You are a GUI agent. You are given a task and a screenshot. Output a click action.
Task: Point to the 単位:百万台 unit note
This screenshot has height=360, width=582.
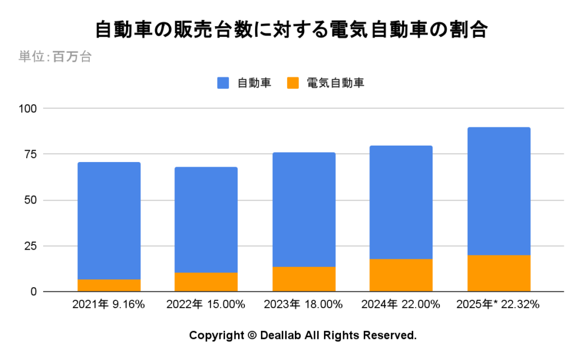tap(55, 57)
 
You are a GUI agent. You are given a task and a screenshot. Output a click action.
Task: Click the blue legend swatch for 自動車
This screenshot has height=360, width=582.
tap(223, 83)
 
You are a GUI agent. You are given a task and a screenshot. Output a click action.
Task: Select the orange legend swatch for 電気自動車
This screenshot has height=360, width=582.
tap(293, 83)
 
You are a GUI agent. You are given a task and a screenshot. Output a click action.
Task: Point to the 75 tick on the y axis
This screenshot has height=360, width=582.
tap(30, 154)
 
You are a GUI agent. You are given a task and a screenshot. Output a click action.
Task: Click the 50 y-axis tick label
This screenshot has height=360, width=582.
tap(30, 200)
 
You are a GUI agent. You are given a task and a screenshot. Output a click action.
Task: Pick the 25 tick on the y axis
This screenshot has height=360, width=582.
tap(30, 246)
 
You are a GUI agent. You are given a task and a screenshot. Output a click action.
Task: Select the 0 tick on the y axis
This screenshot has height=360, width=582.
tap(32, 292)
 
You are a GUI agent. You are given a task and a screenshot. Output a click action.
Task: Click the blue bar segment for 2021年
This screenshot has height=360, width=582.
tap(109, 221)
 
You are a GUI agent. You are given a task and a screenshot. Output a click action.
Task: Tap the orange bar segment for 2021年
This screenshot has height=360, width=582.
tap(109, 285)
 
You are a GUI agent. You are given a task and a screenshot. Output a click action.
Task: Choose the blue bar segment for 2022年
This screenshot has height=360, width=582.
tap(206, 220)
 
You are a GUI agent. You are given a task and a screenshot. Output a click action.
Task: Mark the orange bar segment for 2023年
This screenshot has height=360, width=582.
tap(304, 279)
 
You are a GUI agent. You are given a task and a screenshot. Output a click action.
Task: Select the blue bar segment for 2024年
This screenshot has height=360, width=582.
tap(401, 202)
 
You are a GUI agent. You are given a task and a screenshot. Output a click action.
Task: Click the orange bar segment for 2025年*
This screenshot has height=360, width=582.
tap(498, 274)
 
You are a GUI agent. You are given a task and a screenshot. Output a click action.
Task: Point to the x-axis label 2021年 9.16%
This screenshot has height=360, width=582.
tap(109, 305)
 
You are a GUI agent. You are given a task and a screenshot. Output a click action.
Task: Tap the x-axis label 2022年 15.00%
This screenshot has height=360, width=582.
tap(206, 305)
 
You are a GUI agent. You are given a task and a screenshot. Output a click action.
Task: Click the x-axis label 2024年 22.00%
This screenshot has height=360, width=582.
tap(401, 305)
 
